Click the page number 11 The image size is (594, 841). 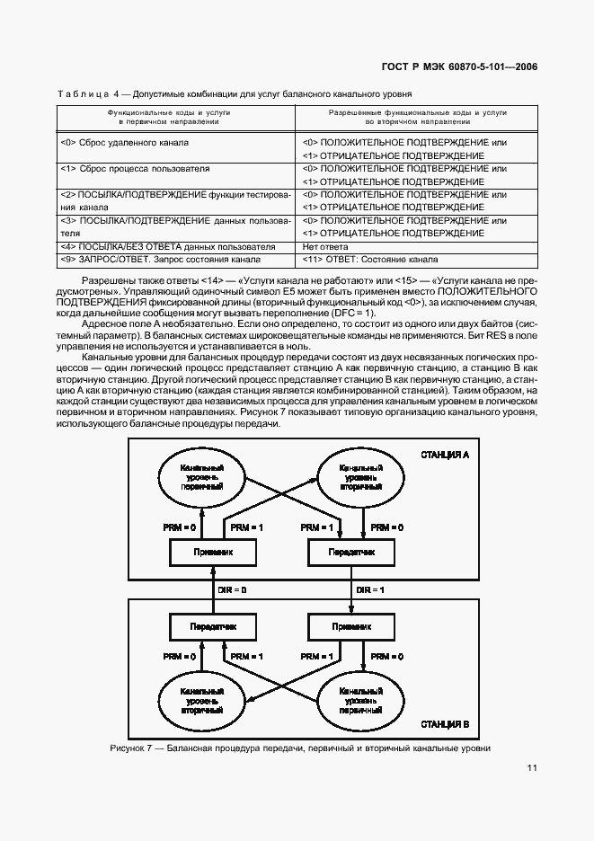pos(532,767)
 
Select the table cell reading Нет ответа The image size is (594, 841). pos(325,246)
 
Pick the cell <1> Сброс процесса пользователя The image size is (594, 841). pos(135,168)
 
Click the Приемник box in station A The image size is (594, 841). pos(212,552)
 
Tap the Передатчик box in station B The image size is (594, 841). pos(212,625)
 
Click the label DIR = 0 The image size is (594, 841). pos(232,589)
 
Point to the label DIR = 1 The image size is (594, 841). pos(370,589)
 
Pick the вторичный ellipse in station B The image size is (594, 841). pos(202,701)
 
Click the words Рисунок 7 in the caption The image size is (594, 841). pos(131,748)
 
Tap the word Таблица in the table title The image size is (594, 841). pos(82,93)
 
